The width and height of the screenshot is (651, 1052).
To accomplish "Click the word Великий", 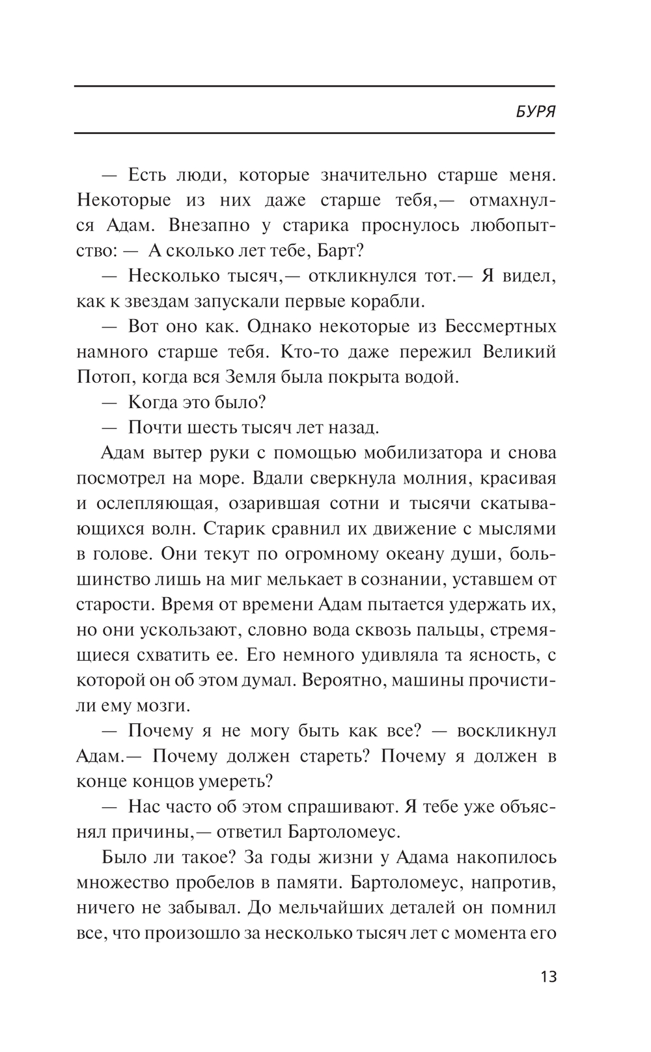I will pyautogui.click(x=519, y=352).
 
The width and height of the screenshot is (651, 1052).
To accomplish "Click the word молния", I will pyautogui.click(x=436, y=478).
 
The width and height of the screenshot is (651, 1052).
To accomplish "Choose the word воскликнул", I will pyautogui.click(x=506, y=730).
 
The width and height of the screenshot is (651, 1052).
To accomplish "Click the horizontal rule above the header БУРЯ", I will pyautogui.click(x=314, y=86).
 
